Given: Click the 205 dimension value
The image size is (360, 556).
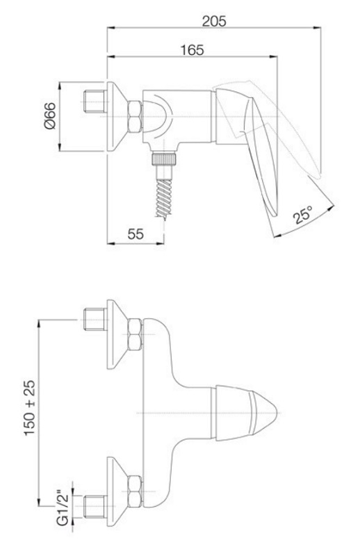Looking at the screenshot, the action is [214, 22].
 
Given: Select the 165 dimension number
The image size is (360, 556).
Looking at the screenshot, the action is [193, 50].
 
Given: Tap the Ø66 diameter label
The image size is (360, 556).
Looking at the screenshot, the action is [50, 115].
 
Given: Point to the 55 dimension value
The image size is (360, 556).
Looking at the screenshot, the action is [136, 234].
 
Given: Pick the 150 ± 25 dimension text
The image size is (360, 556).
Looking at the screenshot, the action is [30, 408].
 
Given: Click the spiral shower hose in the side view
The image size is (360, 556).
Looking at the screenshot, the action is [164, 197].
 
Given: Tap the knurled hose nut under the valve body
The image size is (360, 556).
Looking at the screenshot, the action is [164, 158].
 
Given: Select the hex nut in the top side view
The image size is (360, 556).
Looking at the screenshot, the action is [135, 117].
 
